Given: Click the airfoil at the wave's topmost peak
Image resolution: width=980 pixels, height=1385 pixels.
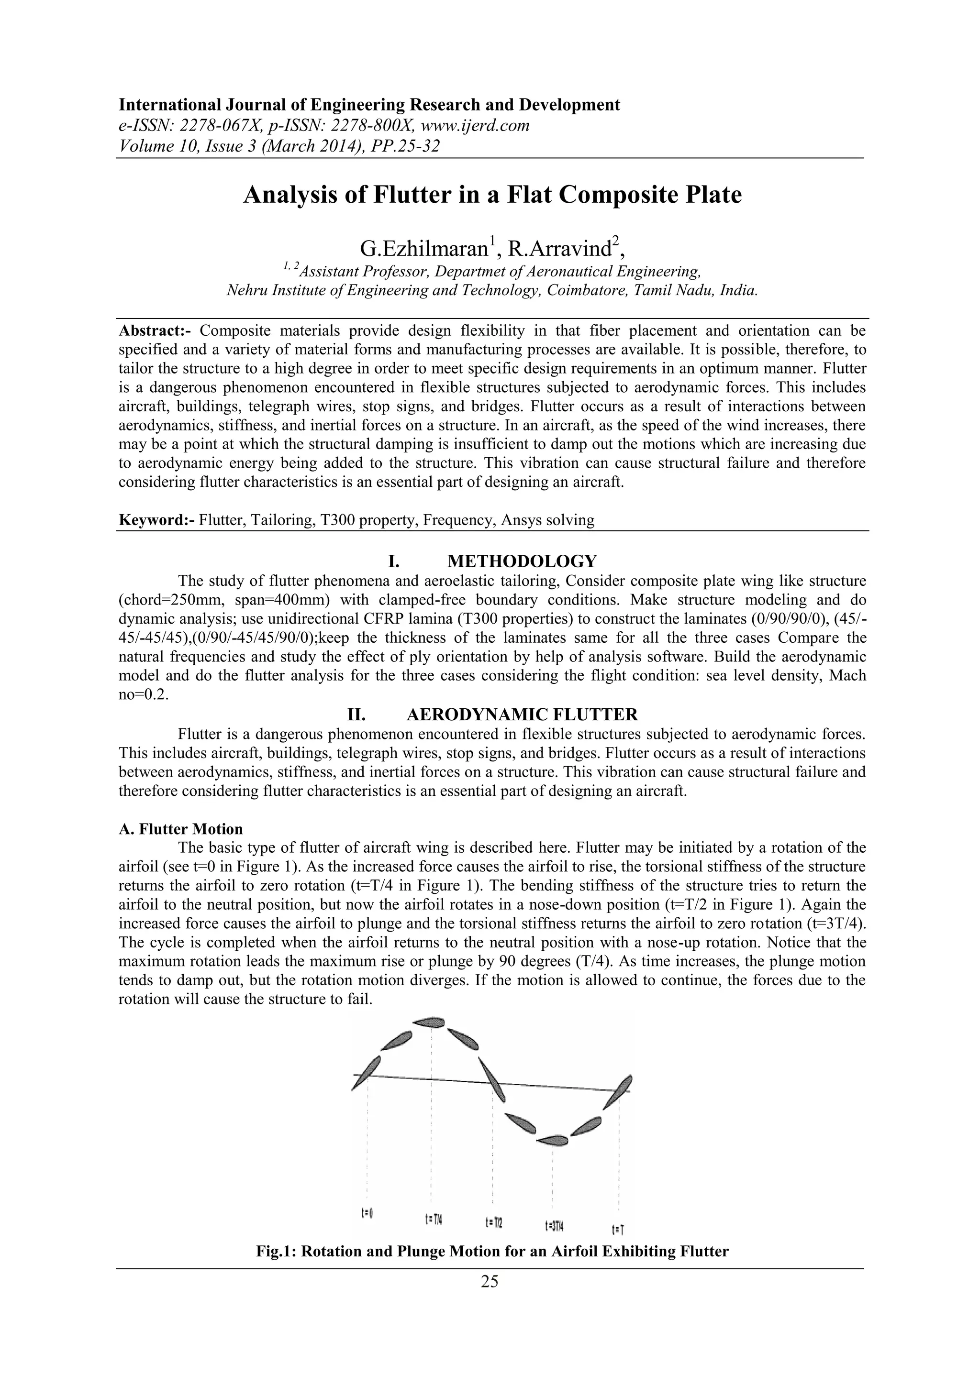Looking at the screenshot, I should pyautogui.click(x=430, y=1022).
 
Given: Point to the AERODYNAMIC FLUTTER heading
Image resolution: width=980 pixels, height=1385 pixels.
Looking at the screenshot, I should pyautogui.click(x=522, y=715).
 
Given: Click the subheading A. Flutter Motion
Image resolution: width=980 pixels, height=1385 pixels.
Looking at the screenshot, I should pyautogui.click(x=181, y=829).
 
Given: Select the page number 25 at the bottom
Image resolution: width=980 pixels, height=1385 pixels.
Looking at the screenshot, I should pyautogui.click(x=490, y=1282).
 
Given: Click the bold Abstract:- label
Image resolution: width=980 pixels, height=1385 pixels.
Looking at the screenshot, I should pyautogui.click(x=156, y=330).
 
